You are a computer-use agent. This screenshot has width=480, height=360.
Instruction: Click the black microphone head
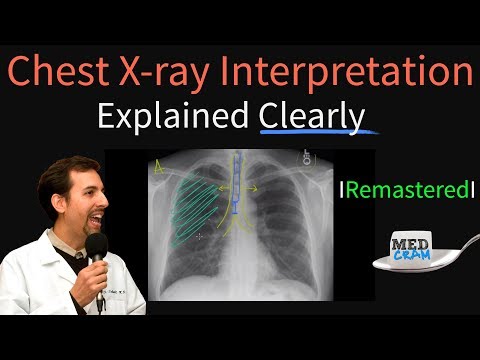point(96,247)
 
